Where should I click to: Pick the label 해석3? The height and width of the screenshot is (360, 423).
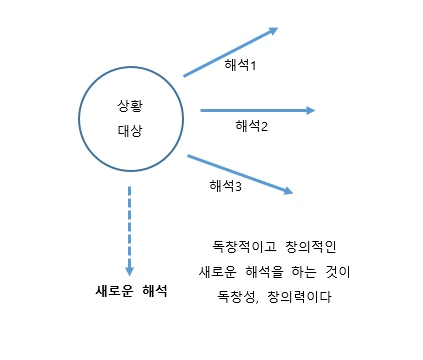(226, 185)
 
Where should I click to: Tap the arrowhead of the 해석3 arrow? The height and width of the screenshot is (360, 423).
(288, 190)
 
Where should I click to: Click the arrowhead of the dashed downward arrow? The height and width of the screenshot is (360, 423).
(129, 268)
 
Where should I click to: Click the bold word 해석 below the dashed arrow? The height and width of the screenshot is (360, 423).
(154, 292)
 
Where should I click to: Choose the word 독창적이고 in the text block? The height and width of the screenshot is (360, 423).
(236, 246)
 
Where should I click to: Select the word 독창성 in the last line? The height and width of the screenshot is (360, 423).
(238, 298)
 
